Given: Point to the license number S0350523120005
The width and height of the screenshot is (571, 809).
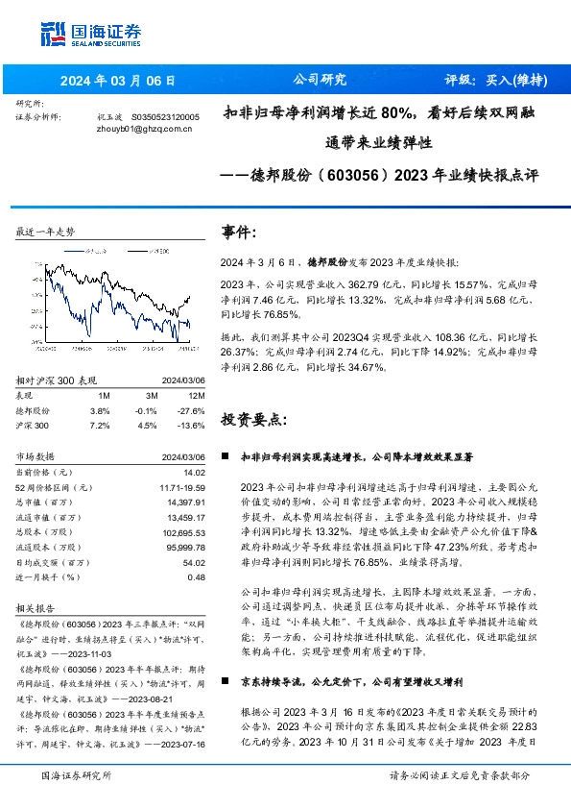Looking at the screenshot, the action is (164, 115).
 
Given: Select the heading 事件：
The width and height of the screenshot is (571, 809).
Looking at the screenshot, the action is (240, 233).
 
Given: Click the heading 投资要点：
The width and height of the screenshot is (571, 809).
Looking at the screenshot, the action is (254, 420).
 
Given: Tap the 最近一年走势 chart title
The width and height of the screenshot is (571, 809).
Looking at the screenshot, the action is (45, 233).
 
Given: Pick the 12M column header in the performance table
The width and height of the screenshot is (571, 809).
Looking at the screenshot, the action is (197, 394).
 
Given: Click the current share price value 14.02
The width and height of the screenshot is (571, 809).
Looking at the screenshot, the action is (195, 472).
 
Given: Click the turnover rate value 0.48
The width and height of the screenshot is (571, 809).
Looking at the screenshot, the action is (197, 576).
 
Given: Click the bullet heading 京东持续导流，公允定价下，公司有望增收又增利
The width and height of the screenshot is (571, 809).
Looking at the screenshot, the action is (352, 681).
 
